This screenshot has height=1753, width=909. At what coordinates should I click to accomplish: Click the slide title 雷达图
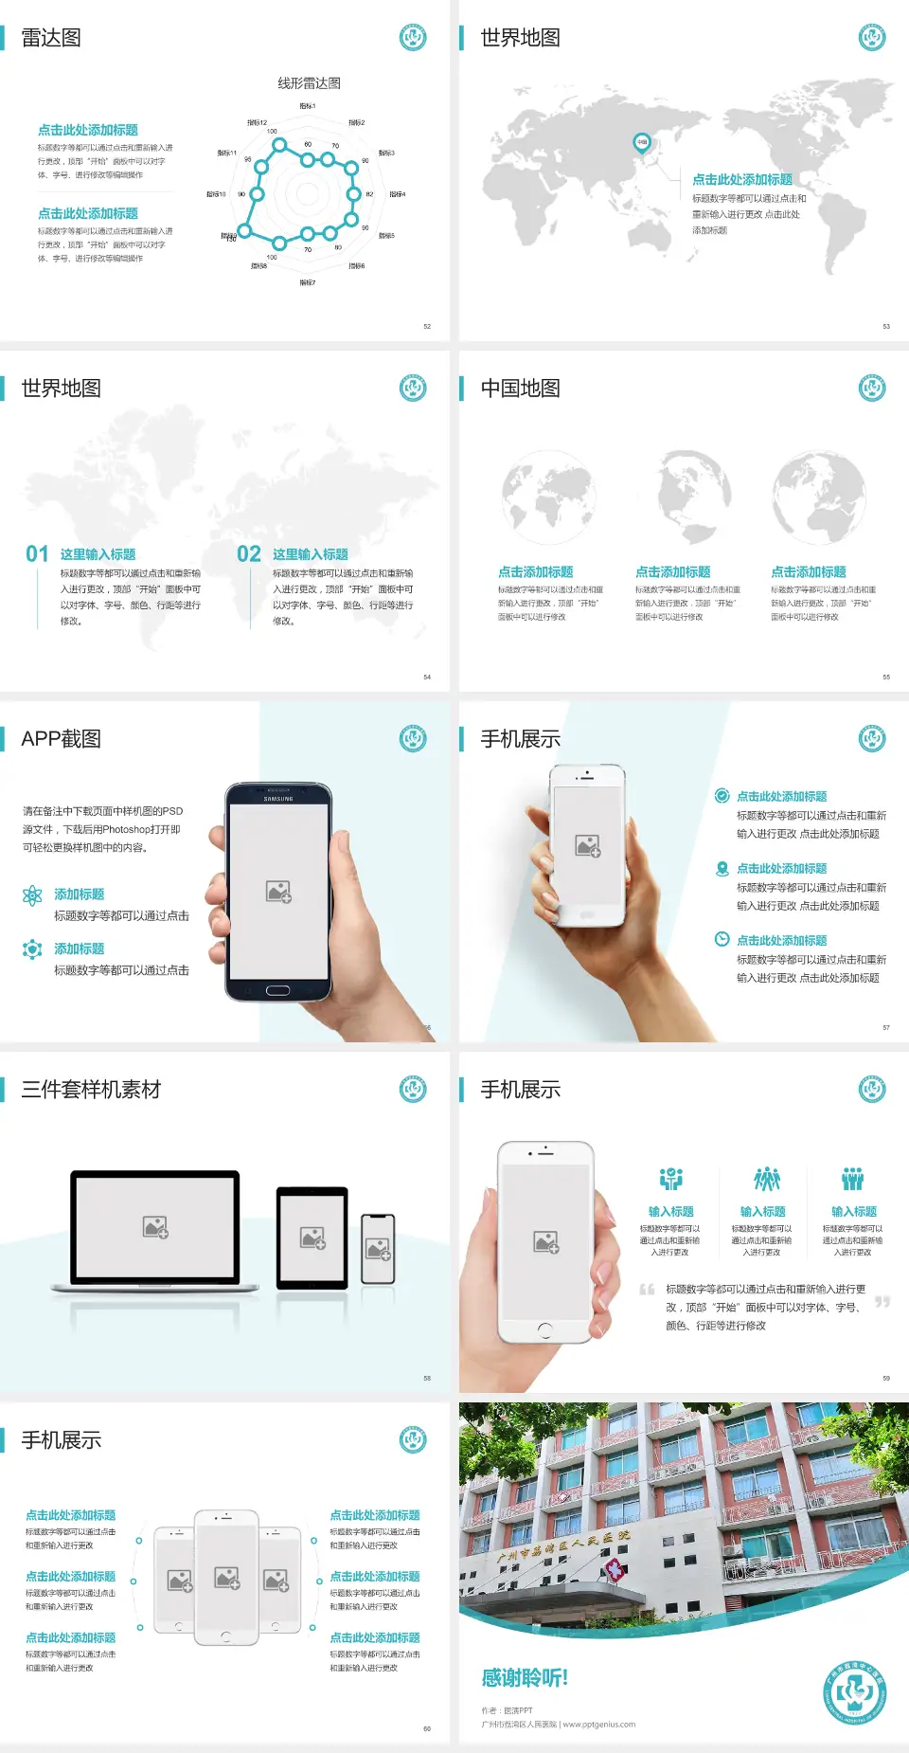[x=51, y=38]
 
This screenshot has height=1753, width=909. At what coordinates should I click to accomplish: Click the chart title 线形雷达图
[x=309, y=83]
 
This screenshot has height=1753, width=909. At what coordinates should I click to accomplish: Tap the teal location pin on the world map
[x=642, y=143]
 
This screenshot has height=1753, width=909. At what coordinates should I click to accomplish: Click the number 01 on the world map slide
[x=37, y=554]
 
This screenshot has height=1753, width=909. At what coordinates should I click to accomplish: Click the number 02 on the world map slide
[x=249, y=554]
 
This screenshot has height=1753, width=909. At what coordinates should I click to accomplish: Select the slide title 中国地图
[x=520, y=389]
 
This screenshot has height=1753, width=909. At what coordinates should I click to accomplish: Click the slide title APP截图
[x=62, y=739]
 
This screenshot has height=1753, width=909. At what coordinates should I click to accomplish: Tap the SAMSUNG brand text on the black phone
[x=278, y=799]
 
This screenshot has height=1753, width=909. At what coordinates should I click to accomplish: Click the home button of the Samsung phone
[x=277, y=990]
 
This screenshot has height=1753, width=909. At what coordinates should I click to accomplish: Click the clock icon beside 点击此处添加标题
[x=722, y=939]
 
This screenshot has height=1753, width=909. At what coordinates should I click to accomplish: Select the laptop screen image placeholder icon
[x=155, y=1227]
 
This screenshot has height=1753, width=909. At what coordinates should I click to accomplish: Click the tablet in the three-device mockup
[x=312, y=1237]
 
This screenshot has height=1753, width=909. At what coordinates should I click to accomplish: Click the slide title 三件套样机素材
[x=91, y=1090]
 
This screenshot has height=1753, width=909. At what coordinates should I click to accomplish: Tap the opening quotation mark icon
[x=647, y=1290]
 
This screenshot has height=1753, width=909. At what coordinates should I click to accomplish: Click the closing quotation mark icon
[x=882, y=1302]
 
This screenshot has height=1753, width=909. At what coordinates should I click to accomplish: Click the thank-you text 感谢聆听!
[x=525, y=1678]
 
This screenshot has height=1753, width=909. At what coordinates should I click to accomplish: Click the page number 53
[x=886, y=326]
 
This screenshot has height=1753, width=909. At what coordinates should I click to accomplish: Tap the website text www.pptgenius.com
[x=598, y=1725]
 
